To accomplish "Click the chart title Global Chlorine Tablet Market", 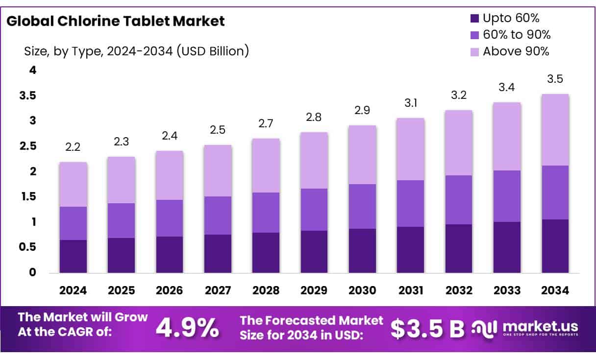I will [x=116, y=21].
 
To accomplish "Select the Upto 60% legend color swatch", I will [x=474, y=19].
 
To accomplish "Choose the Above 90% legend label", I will [x=516, y=51].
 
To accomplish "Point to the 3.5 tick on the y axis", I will [x=28, y=96].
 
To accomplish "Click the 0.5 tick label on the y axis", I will [x=28, y=247].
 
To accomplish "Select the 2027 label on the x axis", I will [x=218, y=290].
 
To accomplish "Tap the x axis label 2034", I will [x=555, y=290].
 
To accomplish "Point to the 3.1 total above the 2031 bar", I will [x=411, y=104].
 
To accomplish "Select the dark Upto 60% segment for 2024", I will [x=73, y=256].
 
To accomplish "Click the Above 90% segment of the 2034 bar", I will [x=555, y=130].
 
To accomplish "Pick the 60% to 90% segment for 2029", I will [x=314, y=210].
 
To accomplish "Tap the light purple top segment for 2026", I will [x=170, y=175].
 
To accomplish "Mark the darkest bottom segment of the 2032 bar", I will [x=459, y=248].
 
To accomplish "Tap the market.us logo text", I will [x=540, y=326].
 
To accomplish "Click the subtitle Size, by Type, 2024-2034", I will [x=136, y=50].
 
